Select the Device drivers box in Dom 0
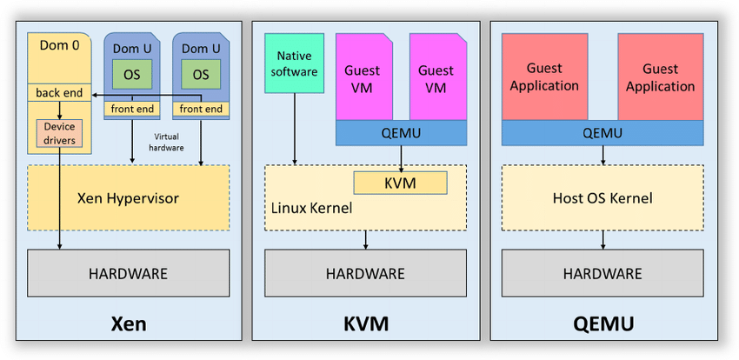[59, 134]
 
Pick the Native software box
[295, 63]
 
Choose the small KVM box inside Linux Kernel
[400, 183]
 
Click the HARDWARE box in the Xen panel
[128, 273]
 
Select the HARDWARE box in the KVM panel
[365, 273]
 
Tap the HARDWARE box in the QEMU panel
[603, 273]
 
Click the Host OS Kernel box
[603, 198]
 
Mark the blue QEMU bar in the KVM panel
[401, 133]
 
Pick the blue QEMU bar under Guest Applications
[603, 133]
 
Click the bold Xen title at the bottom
[129, 325]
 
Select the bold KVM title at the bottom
[366, 325]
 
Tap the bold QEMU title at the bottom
[603, 325]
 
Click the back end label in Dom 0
[58, 92]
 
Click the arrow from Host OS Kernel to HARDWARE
[603, 240]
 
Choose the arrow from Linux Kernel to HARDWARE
[366, 240]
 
